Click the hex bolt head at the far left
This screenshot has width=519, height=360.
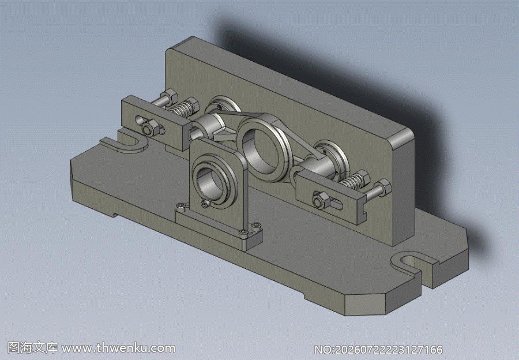[x=171, y=96]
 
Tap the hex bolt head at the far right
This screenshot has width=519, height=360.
[x=384, y=187]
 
